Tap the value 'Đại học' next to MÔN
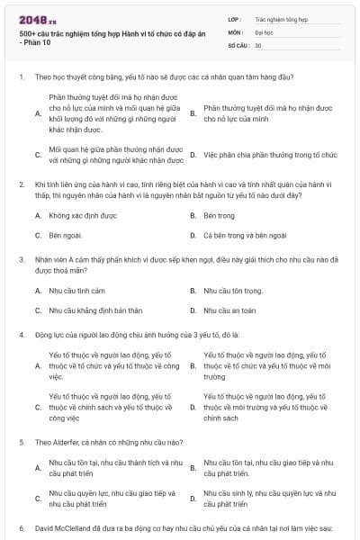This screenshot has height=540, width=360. coord(265,31)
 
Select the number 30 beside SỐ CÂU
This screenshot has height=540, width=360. coord(258,44)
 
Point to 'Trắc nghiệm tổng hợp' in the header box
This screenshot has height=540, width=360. coord(280,18)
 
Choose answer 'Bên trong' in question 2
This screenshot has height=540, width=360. coord(219,216)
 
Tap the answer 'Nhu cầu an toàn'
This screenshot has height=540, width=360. coord(230,310)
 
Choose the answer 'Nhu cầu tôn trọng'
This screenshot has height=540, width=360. coord(233,291)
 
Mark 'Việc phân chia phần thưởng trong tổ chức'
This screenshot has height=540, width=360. coord(270,154)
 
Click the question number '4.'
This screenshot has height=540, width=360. coord(21,334)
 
